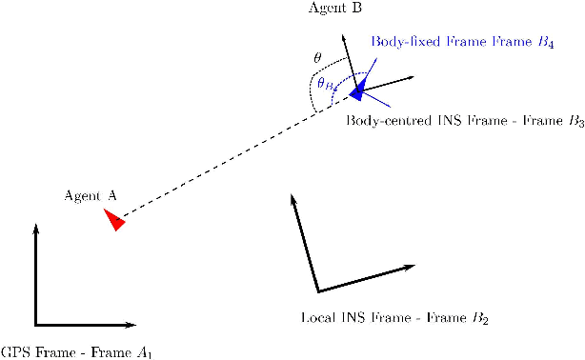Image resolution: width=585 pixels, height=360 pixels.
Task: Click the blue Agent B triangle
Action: click(x=357, y=90)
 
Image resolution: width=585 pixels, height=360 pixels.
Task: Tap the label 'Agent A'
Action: click(x=90, y=196)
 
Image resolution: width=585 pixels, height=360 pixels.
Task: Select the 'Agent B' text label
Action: click(x=335, y=9)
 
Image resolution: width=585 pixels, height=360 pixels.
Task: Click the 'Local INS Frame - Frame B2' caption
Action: click(x=394, y=317)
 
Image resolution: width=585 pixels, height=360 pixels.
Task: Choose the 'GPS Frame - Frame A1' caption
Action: click(x=76, y=352)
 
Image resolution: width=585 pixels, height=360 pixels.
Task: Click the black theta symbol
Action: click(x=317, y=57)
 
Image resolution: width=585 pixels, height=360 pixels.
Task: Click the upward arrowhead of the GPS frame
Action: click(x=35, y=229)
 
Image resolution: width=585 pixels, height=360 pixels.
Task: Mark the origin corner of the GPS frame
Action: click(x=36, y=325)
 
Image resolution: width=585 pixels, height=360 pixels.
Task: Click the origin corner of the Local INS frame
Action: click(x=317, y=290)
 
